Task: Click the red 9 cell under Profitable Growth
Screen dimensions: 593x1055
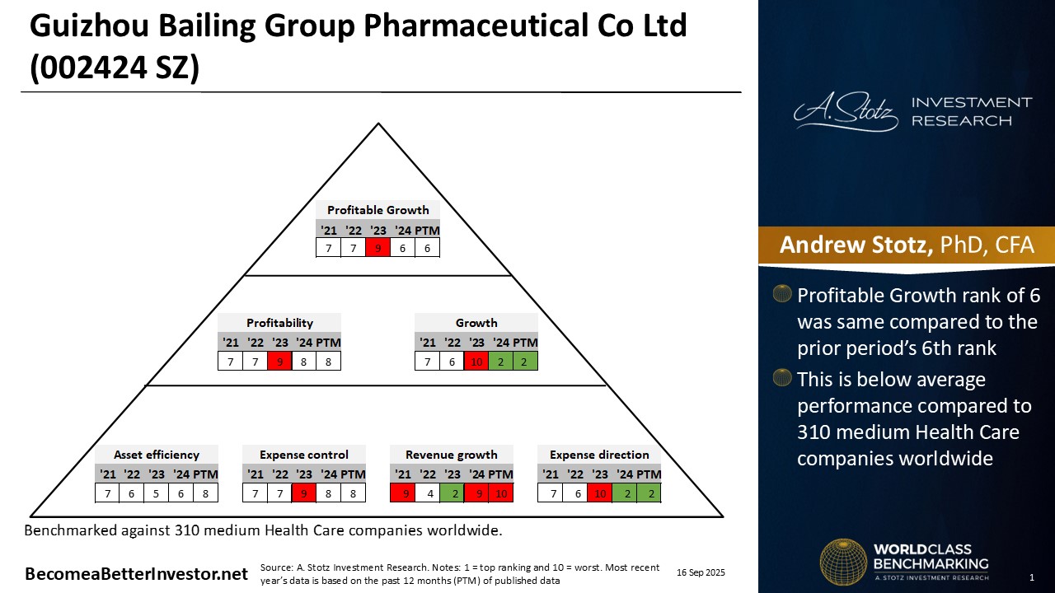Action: pos(378,248)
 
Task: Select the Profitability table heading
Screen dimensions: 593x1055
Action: pos(279,323)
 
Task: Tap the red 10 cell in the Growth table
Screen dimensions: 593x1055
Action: pos(476,361)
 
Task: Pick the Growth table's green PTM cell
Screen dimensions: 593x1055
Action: pos(525,361)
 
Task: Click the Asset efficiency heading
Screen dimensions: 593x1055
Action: pos(157,455)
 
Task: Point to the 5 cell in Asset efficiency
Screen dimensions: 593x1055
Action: pos(157,493)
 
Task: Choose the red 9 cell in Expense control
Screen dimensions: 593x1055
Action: pos(304,493)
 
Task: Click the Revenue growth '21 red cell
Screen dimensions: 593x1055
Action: pos(402,493)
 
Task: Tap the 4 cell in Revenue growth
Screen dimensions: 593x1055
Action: pos(427,493)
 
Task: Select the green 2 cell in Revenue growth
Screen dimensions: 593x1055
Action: pos(452,493)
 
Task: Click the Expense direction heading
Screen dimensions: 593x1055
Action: pos(599,455)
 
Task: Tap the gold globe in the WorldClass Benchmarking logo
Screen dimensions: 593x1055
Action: pos(842,562)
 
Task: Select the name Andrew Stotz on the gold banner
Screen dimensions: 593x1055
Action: pos(856,245)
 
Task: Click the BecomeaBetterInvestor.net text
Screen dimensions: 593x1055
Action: pos(136,574)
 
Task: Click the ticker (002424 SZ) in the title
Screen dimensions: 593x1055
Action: pos(115,68)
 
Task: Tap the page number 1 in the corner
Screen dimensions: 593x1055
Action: pos(1032,577)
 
